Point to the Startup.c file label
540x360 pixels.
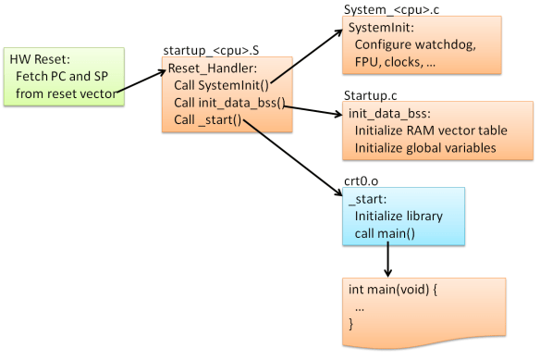pyautogui.click(x=370, y=94)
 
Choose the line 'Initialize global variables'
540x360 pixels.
pyautogui.click(x=428, y=147)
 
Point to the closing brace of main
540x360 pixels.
pyautogui.click(x=351, y=323)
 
